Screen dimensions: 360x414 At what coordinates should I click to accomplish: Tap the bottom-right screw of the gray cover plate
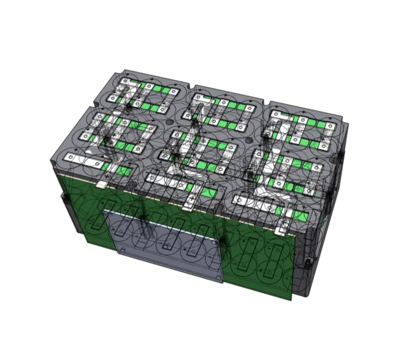[x=219, y=277]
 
